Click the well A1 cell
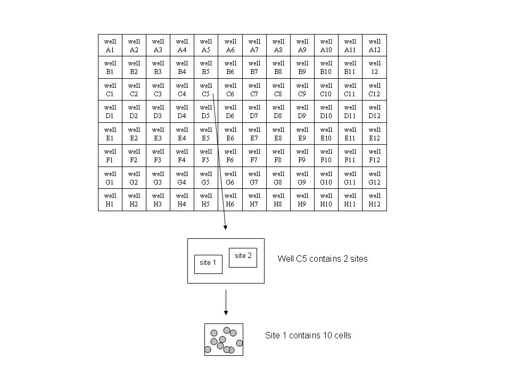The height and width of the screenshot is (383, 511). pyautogui.click(x=110, y=46)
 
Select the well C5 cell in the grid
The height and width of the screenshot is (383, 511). pyautogui.click(x=206, y=90)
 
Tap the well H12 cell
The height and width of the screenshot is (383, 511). pyautogui.click(x=375, y=200)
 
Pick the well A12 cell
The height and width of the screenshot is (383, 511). pyautogui.click(x=375, y=46)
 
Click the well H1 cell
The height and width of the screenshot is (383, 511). pyautogui.click(x=110, y=200)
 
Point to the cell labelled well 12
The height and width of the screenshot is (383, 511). pyautogui.click(x=375, y=68)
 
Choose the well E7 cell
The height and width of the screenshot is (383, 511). pyautogui.click(x=254, y=134)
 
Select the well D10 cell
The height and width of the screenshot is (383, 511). pyautogui.click(x=326, y=112)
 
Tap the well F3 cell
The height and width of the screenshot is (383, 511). pyautogui.click(x=158, y=156)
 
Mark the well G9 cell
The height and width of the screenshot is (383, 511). pyautogui.click(x=302, y=178)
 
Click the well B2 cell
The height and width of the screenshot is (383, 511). pyautogui.click(x=134, y=68)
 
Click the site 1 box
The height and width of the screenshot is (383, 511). pyautogui.click(x=208, y=263)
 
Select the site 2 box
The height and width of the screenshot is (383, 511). pyautogui.click(x=243, y=256)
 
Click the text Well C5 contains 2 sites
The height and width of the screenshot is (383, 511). pyautogui.click(x=323, y=259)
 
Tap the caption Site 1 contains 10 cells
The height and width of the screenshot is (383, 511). pyautogui.click(x=308, y=336)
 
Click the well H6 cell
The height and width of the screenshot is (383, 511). pyautogui.click(x=230, y=200)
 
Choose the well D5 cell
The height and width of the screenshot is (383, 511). pyautogui.click(x=206, y=112)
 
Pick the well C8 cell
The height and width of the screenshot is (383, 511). pyautogui.click(x=278, y=90)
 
